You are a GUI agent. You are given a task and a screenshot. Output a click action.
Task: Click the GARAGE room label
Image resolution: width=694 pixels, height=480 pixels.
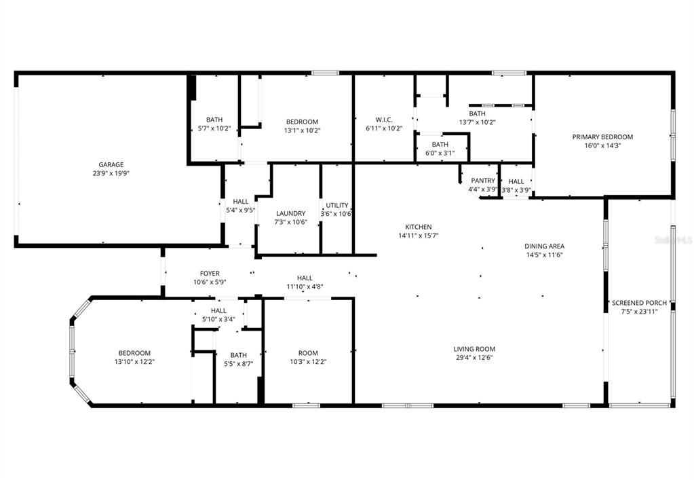point(111,164)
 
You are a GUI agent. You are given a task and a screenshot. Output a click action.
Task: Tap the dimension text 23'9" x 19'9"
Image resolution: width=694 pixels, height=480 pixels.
point(111,174)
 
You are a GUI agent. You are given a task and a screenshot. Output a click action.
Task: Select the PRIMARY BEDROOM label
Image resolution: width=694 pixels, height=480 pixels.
point(602,136)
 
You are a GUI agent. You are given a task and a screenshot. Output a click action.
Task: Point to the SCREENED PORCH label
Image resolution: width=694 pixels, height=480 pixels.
point(639,303)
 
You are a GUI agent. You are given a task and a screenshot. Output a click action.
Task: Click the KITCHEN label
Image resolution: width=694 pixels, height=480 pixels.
point(419,227)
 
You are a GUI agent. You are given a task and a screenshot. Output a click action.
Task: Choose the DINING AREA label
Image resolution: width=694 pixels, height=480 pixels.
point(544,246)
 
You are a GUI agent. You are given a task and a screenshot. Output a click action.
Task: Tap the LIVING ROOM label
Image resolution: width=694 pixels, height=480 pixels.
point(474,349)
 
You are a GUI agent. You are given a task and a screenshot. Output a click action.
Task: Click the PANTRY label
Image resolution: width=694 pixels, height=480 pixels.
point(484,181)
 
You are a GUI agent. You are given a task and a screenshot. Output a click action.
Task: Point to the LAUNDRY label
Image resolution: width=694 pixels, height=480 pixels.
point(290,213)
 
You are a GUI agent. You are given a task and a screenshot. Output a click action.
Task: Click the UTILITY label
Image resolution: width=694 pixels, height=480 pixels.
point(337,205)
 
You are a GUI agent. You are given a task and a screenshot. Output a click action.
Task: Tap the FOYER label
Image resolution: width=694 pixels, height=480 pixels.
point(210,274)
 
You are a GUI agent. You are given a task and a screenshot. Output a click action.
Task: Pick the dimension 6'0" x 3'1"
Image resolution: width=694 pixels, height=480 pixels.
point(440,153)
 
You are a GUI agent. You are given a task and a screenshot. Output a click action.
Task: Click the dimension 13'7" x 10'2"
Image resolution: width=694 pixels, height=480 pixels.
point(477,123)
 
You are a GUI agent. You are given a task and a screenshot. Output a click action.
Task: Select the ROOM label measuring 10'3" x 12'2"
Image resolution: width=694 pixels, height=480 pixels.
point(308,353)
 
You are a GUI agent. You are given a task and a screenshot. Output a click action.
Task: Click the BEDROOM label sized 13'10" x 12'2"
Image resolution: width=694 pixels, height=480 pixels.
point(134,353)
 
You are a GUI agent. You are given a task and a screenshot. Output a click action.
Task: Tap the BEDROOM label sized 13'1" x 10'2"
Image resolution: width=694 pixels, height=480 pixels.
point(303,122)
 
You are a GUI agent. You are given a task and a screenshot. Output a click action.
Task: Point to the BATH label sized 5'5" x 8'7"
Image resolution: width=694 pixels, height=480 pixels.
point(238,354)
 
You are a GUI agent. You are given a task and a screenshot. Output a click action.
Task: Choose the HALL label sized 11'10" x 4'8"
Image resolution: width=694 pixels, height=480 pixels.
point(305,278)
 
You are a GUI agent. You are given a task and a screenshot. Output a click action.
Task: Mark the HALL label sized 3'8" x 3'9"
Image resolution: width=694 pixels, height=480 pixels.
point(516,181)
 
